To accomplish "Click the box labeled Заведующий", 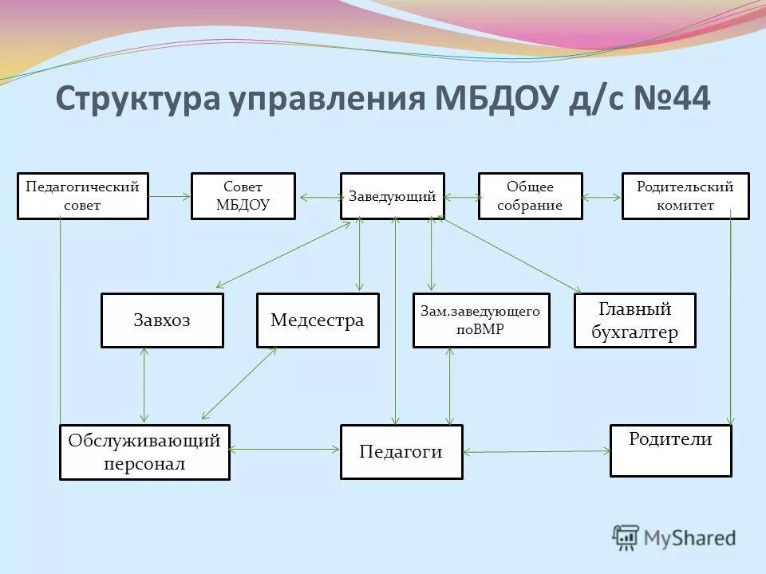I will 392,196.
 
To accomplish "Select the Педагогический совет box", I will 82,196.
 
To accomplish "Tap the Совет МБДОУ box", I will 243,196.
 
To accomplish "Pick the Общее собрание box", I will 530,196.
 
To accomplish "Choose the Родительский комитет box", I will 685,196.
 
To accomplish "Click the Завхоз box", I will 162,320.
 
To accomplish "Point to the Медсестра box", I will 318,320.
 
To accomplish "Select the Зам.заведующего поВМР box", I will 480,320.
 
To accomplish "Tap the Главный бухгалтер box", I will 634,320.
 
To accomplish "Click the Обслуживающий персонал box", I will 144,452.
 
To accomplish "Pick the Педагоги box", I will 401,452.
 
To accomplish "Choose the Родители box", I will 670,450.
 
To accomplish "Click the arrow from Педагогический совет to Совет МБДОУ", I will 169,196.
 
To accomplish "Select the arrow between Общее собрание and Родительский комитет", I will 602,196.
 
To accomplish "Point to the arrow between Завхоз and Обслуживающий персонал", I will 144,385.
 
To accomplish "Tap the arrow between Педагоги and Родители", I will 536,451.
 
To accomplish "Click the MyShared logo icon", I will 626,538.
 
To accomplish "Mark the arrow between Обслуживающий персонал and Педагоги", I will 285,450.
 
